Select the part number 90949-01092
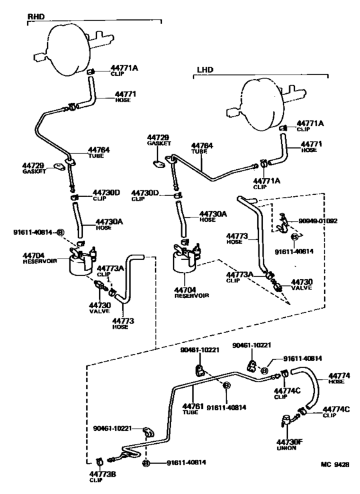[318, 221]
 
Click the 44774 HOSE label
[338, 378]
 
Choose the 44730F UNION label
[287, 445]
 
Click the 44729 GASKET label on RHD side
[33, 169]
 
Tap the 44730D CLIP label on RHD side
[106, 195]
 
